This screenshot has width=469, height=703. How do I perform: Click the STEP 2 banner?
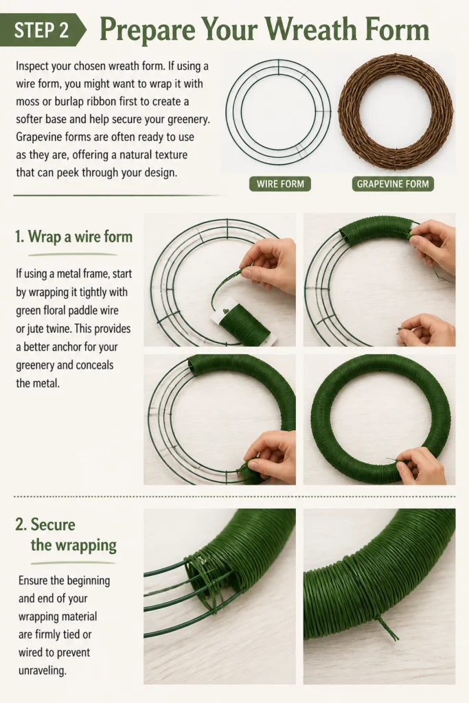point(43,30)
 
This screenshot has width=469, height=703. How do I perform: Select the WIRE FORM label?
point(280,184)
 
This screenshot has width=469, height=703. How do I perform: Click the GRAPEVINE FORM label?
point(393,184)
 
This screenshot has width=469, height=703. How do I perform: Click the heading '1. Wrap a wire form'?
point(74,236)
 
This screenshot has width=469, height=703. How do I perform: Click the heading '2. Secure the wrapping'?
point(66,534)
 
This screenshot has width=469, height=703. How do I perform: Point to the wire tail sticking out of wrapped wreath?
point(386,627)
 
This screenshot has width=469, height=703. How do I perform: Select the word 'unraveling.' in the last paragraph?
point(42,671)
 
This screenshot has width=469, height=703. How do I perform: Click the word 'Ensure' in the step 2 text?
point(33,581)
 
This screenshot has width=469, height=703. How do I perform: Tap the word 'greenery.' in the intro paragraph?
point(188,119)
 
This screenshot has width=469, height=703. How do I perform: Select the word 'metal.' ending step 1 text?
point(46,383)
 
